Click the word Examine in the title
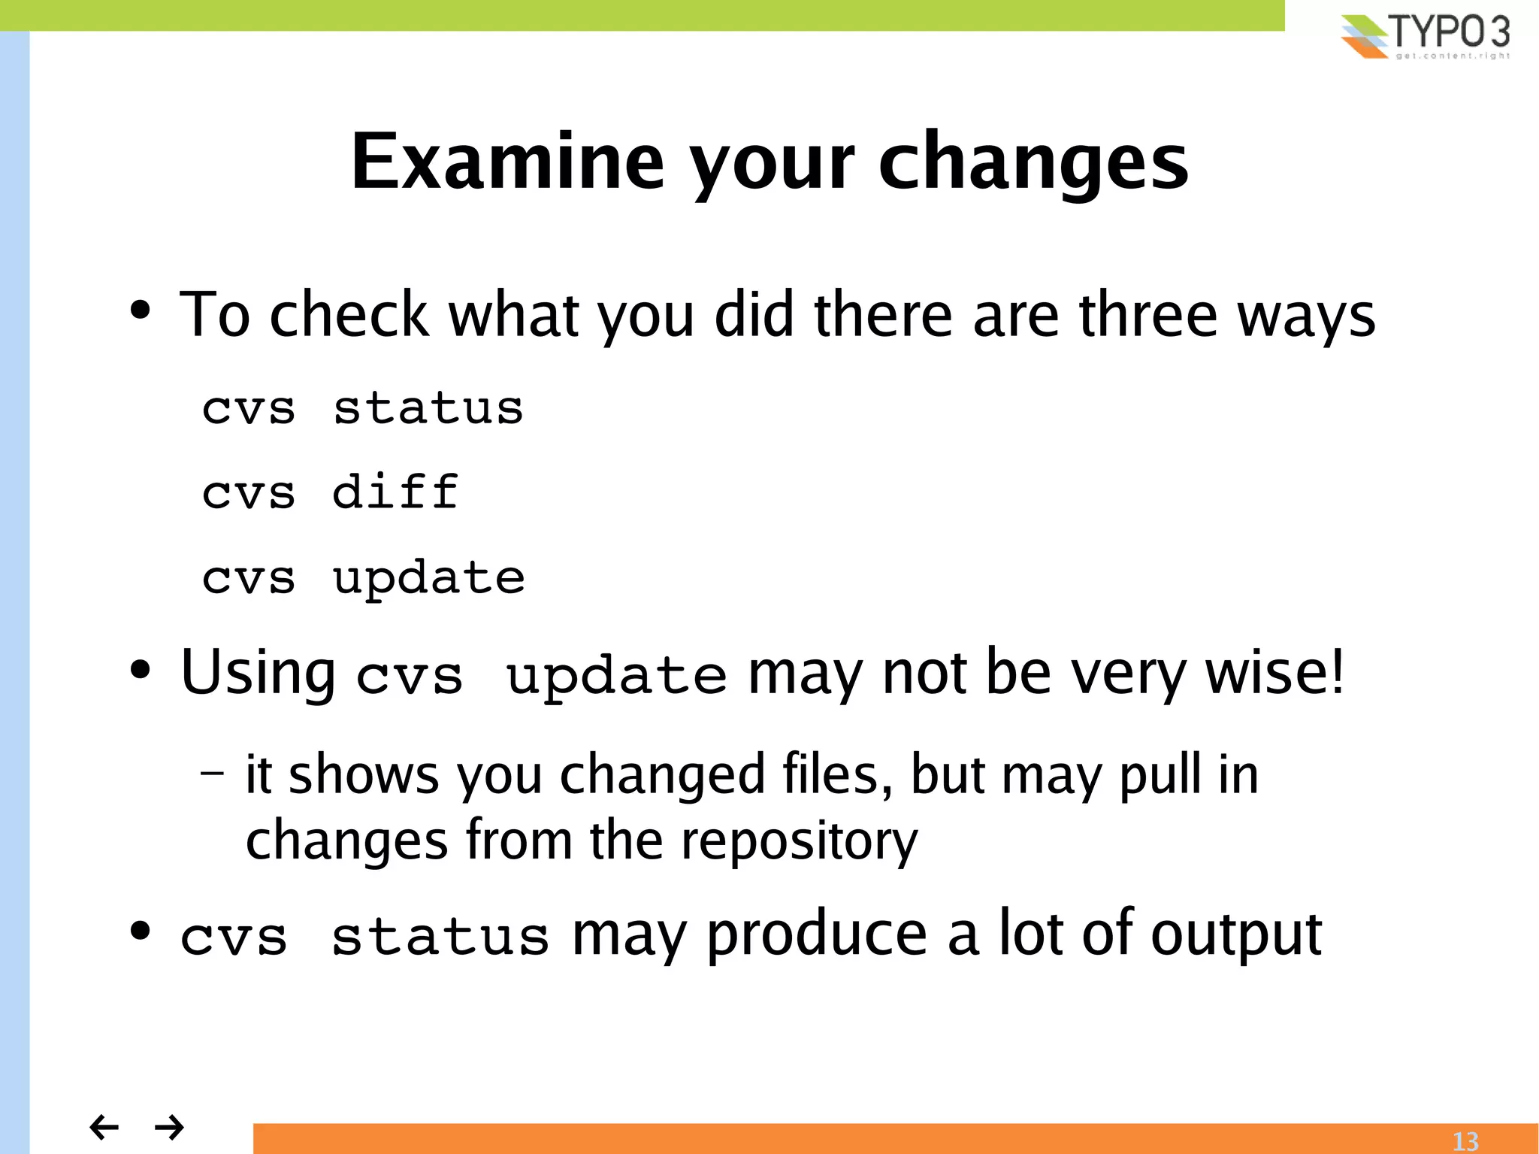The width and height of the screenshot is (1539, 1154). coord(508,162)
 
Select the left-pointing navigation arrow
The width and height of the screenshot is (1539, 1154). coord(104,1126)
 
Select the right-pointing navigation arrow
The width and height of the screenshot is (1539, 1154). coord(169,1126)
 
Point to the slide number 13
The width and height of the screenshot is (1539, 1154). coord(1465,1141)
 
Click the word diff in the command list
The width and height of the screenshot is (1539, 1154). coord(395,492)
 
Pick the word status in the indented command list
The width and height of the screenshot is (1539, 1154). coord(428,409)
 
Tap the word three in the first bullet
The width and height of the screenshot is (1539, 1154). coord(1147,315)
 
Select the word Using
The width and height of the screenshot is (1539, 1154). coord(258,673)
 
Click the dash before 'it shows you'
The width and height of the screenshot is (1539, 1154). coord(213,772)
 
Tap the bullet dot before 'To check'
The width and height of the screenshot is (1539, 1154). coord(140,310)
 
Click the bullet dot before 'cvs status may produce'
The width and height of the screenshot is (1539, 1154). coord(140,931)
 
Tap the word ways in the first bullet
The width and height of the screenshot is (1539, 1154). coord(1306,317)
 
